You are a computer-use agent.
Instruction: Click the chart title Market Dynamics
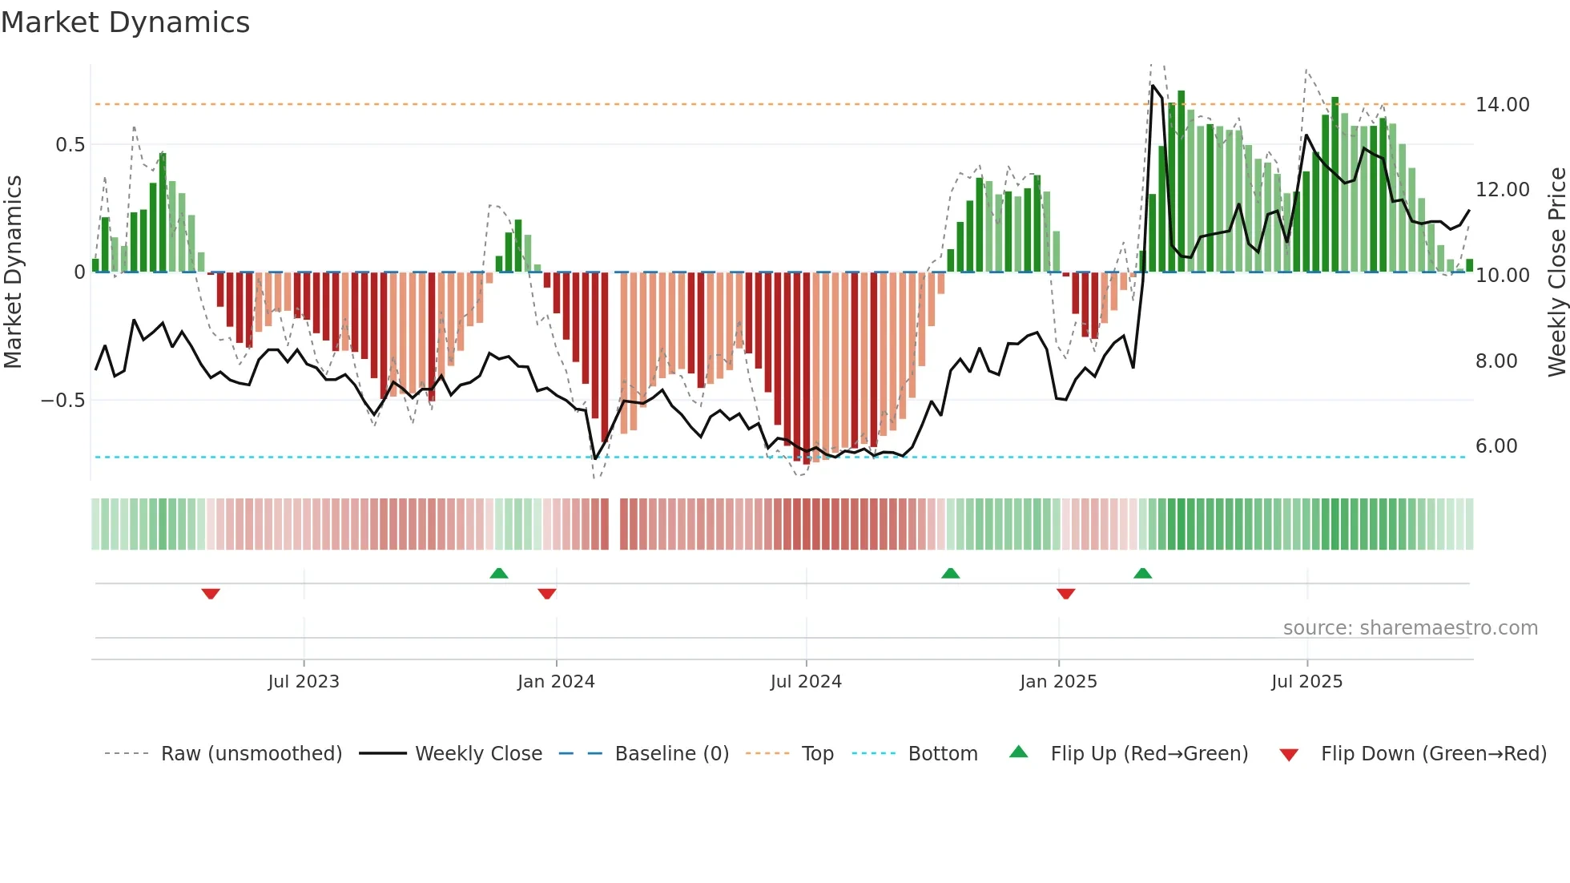[125, 22]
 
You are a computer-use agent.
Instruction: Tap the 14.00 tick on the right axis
[1502, 105]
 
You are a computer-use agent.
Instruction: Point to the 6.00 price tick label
[1496, 446]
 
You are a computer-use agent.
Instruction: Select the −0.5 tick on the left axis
[62, 400]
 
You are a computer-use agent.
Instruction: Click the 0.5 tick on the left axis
[70, 145]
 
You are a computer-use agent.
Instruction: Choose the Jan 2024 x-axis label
[556, 682]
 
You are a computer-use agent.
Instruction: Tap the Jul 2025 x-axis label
[1306, 682]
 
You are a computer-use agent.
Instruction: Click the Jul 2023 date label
[304, 682]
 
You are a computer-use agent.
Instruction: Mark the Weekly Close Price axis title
[1556, 272]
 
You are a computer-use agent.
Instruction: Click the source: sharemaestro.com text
[1410, 628]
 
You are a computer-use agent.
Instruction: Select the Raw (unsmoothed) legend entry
[251, 754]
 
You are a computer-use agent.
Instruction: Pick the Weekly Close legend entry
[478, 754]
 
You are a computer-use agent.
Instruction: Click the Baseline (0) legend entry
[671, 754]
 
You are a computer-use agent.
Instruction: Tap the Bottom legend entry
[943, 754]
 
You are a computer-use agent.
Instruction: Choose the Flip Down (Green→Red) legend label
[1433, 754]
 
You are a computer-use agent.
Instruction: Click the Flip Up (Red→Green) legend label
[1149, 754]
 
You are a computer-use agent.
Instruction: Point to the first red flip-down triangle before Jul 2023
[211, 594]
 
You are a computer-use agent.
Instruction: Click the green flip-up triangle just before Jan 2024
[499, 573]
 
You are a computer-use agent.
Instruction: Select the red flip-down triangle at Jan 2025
[1065, 594]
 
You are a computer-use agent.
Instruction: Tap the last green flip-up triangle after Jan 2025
[1143, 573]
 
